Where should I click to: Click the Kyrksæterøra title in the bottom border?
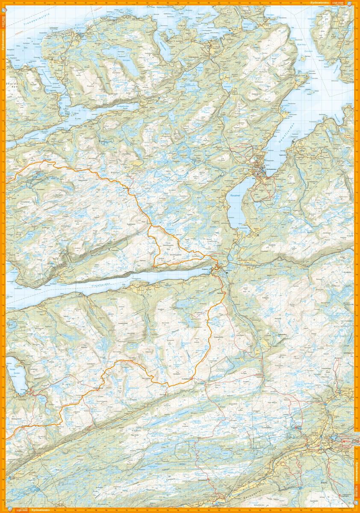41,510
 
